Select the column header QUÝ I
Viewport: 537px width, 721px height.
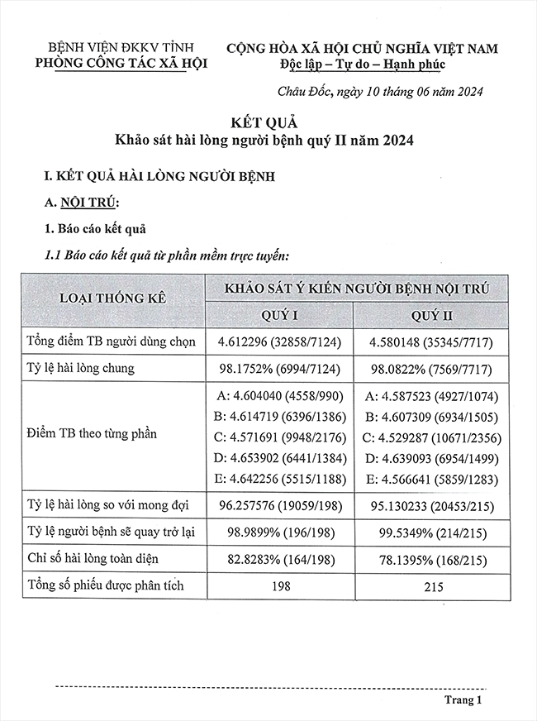coord(278,315)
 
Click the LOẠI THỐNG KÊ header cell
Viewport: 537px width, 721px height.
coord(112,298)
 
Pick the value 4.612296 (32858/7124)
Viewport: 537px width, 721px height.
coord(278,341)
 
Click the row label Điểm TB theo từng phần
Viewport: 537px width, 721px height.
coord(91,433)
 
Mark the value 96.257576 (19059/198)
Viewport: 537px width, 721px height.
coord(278,505)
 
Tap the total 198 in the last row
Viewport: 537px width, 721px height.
coord(278,587)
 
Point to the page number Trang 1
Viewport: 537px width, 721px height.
coord(462,700)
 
